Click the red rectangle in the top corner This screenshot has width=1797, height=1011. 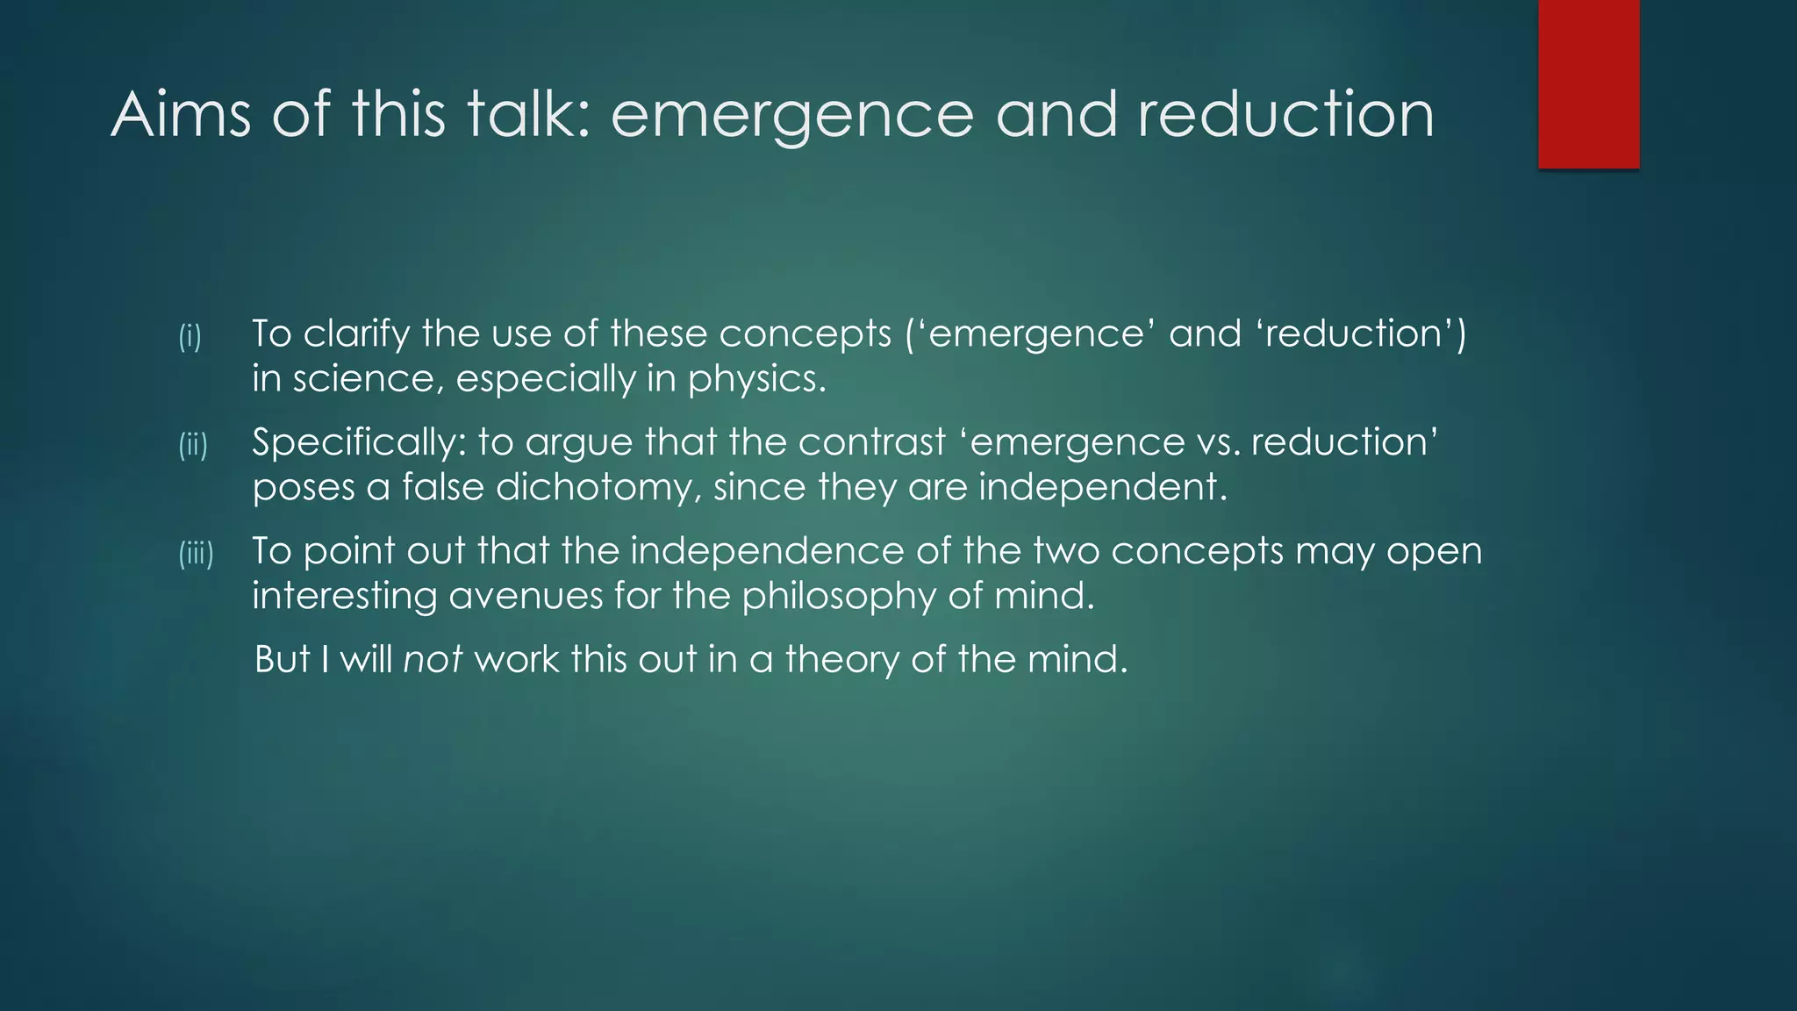point(1588,83)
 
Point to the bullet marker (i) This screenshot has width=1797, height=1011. point(190,336)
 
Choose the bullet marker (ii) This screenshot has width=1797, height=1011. point(193,445)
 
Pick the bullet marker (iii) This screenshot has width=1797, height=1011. point(197,554)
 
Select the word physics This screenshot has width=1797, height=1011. point(756,380)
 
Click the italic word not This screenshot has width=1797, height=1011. point(432,659)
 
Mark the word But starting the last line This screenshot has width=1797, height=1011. point(282,659)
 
